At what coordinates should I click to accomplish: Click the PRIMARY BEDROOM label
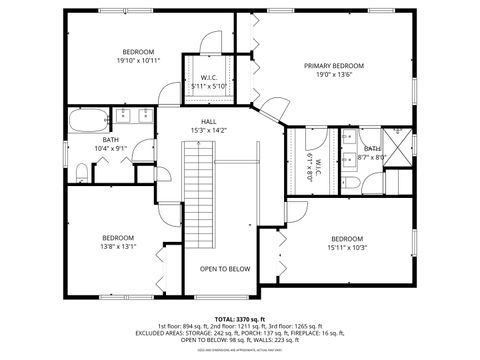334,66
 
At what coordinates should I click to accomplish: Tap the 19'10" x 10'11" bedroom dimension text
138,61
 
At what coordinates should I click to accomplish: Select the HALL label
208,121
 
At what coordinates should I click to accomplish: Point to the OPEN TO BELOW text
224,269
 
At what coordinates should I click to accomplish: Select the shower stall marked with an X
399,147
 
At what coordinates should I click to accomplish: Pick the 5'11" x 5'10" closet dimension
210,86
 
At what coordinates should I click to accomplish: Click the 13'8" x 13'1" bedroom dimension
118,246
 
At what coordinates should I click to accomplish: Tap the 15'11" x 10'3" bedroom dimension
347,247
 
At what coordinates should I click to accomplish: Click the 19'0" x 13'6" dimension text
334,74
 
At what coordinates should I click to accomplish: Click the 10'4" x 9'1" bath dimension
110,148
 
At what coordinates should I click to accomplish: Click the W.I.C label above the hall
210,77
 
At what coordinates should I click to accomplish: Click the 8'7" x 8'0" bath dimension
371,157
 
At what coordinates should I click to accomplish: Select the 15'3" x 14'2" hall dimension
208,130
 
